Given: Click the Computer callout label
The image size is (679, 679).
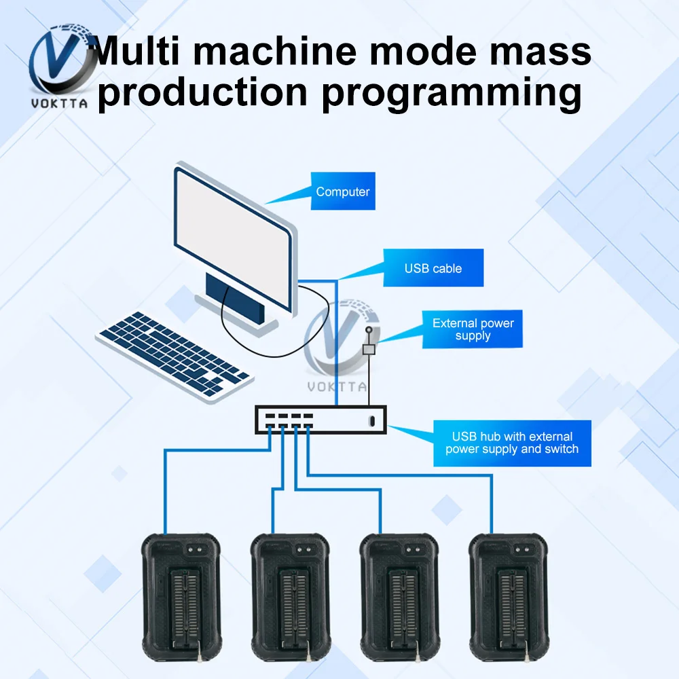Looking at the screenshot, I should [x=343, y=191].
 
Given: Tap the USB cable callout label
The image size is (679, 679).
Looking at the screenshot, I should [x=433, y=268].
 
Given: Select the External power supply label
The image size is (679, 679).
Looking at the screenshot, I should [x=473, y=329].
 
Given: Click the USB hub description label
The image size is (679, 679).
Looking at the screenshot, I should [x=512, y=443].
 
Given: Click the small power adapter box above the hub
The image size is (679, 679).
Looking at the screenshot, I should [x=369, y=350].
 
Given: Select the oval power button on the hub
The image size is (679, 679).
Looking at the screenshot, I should [x=371, y=420].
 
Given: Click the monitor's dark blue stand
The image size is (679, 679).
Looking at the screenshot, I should [x=234, y=299].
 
